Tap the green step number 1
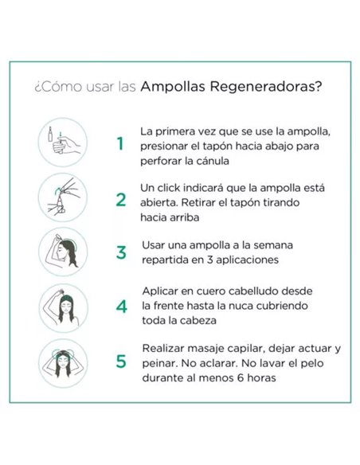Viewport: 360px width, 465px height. coord(120,144)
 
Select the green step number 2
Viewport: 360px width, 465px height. coord(120,199)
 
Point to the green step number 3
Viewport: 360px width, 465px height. coord(121,252)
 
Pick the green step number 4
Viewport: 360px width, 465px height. coord(121,307)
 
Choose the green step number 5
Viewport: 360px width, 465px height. coord(121,361)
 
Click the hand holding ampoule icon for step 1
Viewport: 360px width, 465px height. coord(62,143)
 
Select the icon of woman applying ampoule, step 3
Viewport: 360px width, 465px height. coord(62,252)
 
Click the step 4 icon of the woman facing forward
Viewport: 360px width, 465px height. coord(62,307)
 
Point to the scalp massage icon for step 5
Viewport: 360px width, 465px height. coord(62,362)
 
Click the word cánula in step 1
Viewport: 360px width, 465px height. coord(208,160)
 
